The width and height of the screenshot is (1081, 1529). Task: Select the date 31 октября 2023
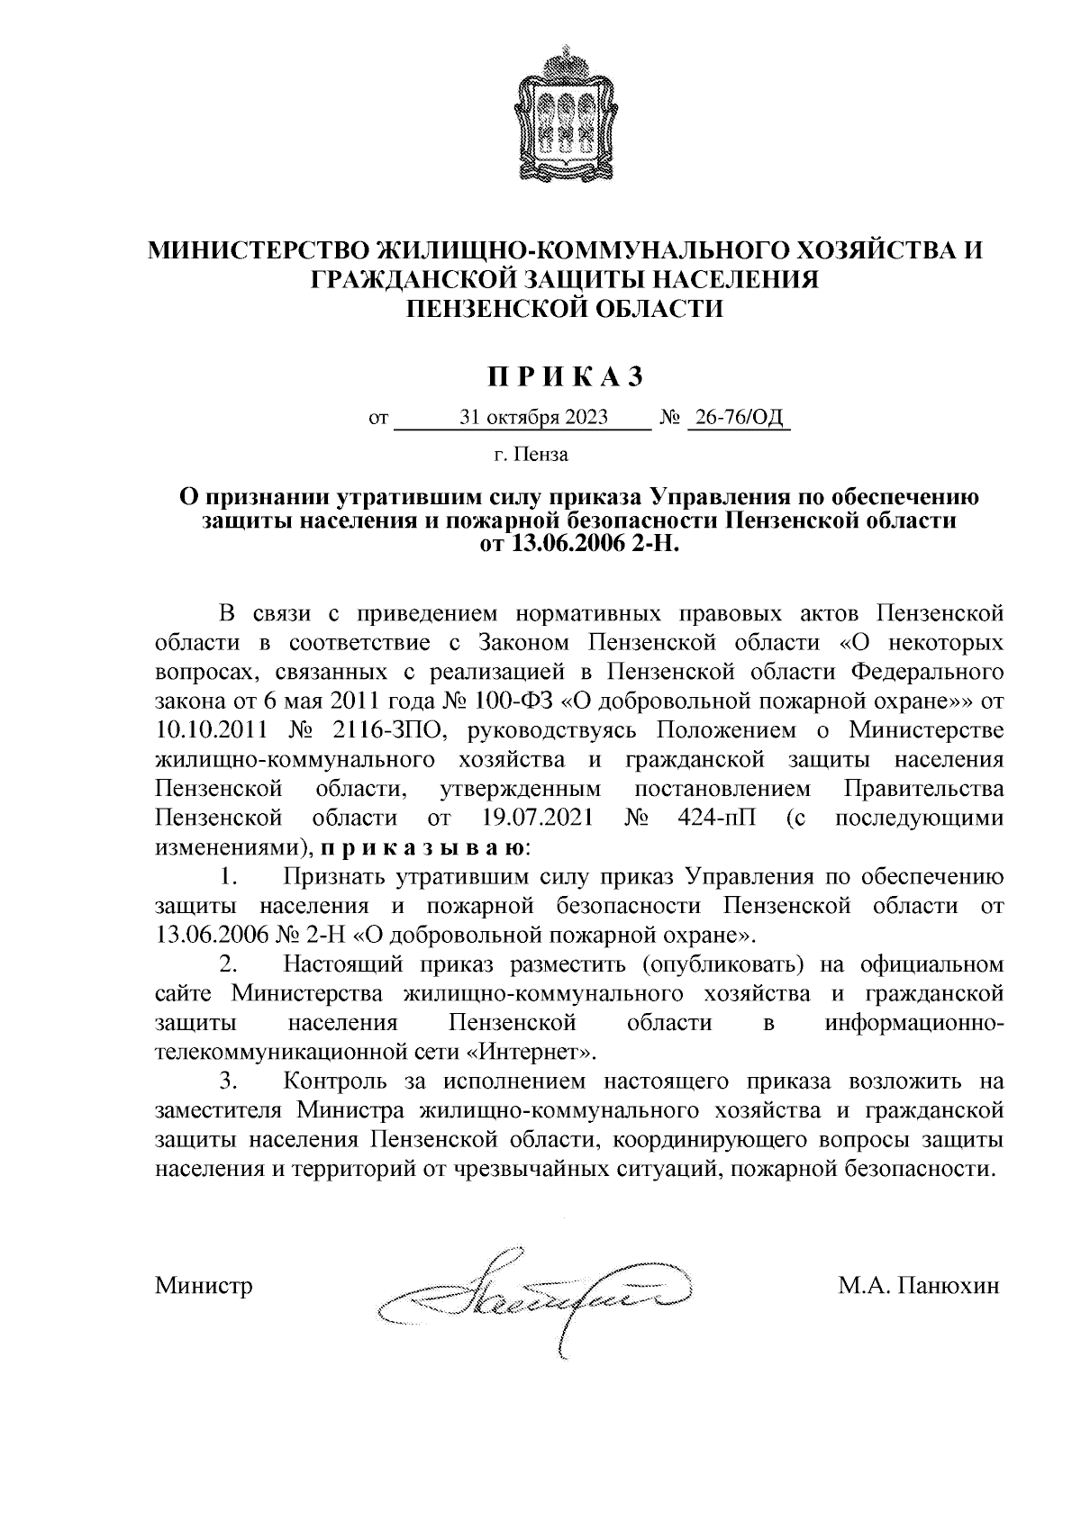click(x=533, y=418)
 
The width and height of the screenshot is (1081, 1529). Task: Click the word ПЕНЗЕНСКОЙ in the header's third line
click(x=485, y=309)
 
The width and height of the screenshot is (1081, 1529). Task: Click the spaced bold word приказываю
click(x=422, y=847)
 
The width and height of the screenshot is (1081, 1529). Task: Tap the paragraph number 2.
click(x=229, y=964)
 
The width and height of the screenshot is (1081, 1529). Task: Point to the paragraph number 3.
click(x=229, y=1080)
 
